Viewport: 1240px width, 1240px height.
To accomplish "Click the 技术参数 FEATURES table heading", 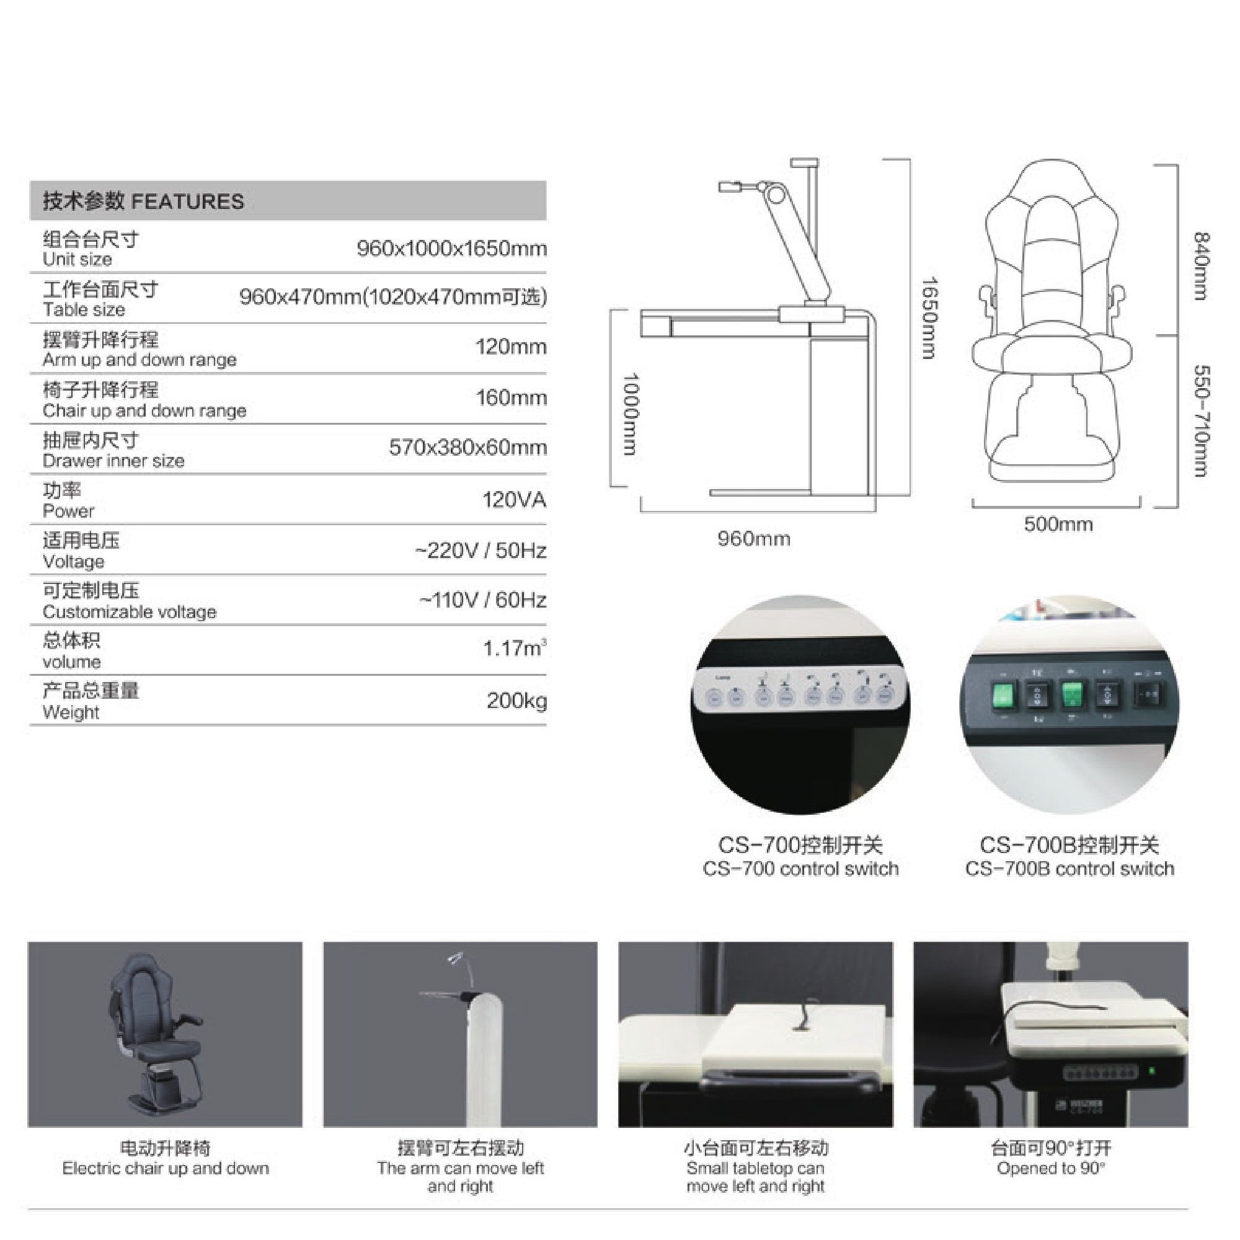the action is click(143, 201).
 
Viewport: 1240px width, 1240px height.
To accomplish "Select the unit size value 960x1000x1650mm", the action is click(451, 249).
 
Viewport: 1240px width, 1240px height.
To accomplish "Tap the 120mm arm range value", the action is click(511, 347).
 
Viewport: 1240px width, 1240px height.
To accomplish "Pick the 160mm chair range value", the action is click(511, 397).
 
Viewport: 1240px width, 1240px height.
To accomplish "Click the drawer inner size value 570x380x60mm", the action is click(468, 448).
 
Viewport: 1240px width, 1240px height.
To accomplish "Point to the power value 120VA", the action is click(514, 499).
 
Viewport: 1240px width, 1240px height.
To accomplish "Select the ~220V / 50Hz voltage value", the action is click(480, 550).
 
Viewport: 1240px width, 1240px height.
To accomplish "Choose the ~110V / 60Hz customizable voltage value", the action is click(482, 600).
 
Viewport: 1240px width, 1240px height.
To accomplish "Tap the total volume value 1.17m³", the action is click(515, 649).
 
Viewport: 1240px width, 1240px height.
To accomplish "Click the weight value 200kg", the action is click(516, 700).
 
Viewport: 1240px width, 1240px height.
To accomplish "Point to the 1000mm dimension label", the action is click(632, 414).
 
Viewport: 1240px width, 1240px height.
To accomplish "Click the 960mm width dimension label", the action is click(754, 539).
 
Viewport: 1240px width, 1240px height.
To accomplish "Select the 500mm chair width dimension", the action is click(1058, 525).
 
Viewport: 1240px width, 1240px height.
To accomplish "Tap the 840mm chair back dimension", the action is click(1201, 266).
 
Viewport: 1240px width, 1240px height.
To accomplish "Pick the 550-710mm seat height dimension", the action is click(1201, 421).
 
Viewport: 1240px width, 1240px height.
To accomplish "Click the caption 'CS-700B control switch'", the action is click(1069, 869).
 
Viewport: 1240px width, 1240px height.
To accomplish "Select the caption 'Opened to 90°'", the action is click(1051, 1168).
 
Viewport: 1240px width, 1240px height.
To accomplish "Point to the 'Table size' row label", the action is click(84, 310).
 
